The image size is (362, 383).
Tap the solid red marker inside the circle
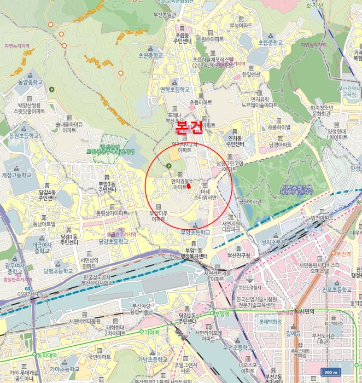tap(189, 185)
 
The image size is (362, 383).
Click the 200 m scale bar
tap(331, 372)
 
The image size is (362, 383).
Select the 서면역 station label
tap(309, 311)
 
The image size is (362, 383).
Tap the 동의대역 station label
tap(48, 355)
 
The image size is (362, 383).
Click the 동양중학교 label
tap(29, 82)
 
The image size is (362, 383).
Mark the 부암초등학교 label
tap(195, 232)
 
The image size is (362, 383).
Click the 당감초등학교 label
tap(114, 240)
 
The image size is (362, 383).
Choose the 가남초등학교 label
tap(153, 359)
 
